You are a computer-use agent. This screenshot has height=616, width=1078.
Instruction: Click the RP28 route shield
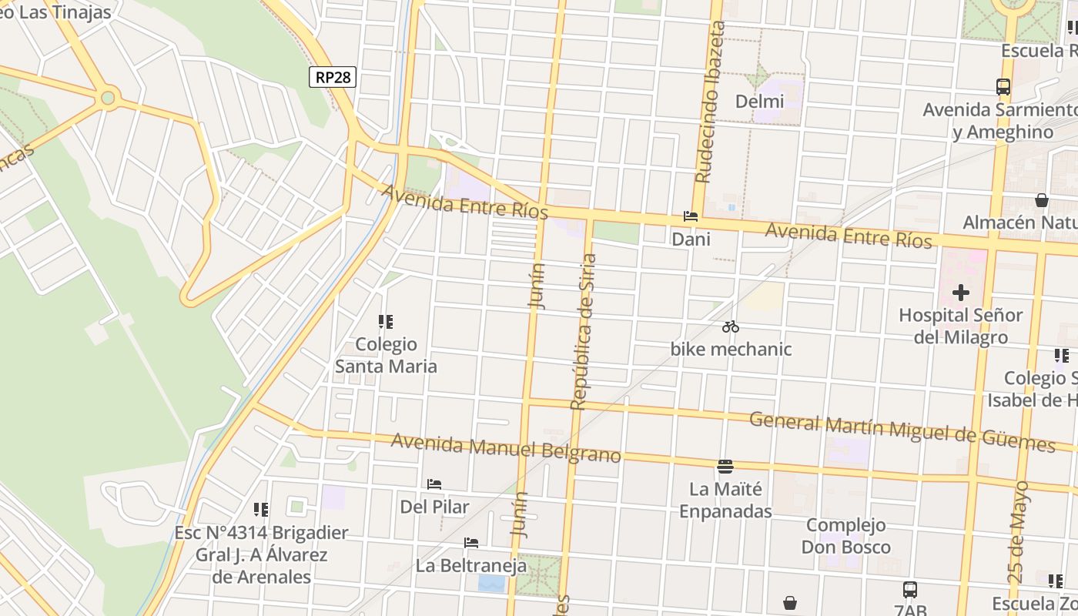click(333, 77)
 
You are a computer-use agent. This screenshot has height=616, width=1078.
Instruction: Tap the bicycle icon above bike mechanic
click(731, 326)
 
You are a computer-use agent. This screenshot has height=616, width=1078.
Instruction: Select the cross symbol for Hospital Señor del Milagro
click(960, 293)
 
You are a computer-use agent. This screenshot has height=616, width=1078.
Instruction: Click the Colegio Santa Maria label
click(386, 355)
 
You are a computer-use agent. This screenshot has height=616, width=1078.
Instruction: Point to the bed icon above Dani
click(690, 217)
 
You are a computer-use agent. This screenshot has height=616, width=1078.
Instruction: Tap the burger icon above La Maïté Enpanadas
click(725, 466)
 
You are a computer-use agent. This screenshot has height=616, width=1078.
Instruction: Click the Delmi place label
click(759, 101)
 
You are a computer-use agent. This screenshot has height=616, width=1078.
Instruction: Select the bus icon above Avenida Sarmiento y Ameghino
click(1003, 87)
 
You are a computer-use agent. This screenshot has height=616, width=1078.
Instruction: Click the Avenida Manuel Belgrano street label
click(505, 448)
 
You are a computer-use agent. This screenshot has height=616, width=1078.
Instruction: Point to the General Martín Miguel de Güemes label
click(902, 431)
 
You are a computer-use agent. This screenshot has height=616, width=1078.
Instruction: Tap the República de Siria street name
click(583, 331)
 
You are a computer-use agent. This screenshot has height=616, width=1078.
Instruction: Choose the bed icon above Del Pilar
click(434, 484)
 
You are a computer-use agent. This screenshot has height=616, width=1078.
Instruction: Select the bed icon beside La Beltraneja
click(471, 543)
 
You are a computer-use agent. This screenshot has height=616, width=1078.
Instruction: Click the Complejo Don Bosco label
click(845, 536)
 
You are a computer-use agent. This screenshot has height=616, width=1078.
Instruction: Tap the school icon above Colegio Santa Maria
click(386, 322)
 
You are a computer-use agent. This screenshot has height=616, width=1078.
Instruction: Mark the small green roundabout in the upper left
click(108, 98)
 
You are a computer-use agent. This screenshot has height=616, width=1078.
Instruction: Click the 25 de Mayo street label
click(1018, 531)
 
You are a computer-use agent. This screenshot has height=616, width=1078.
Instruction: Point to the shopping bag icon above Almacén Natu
click(1041, 200)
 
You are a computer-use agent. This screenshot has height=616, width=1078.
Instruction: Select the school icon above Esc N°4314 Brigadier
click(261, 510)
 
